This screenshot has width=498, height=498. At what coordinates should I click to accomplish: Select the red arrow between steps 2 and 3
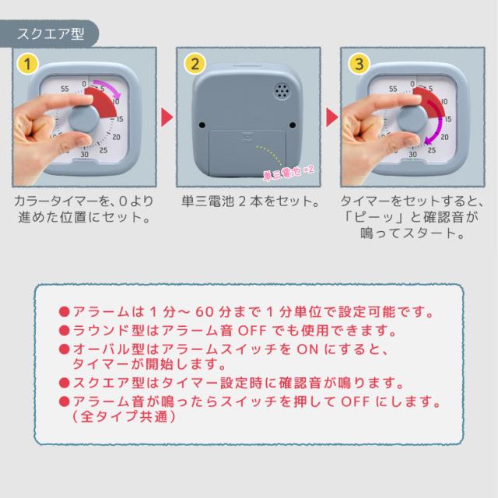coord(331,117)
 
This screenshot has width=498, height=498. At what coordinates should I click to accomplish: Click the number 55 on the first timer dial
coord(65,88)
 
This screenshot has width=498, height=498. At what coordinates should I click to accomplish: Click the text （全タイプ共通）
coord(122,418)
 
